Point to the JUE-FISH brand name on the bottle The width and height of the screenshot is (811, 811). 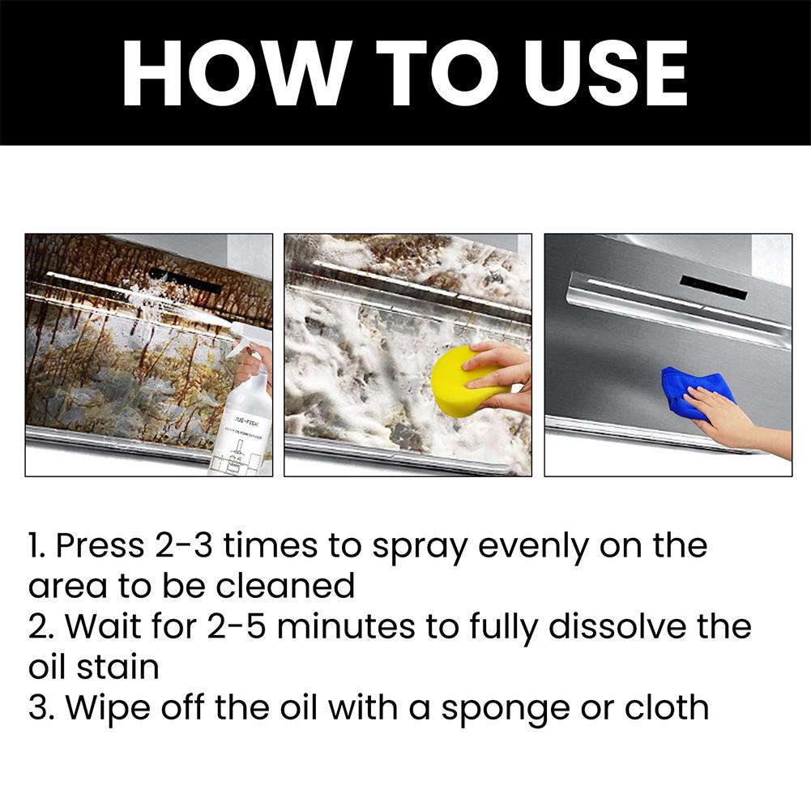click(248, 419)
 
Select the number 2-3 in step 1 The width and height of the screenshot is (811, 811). click(184, 546)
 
